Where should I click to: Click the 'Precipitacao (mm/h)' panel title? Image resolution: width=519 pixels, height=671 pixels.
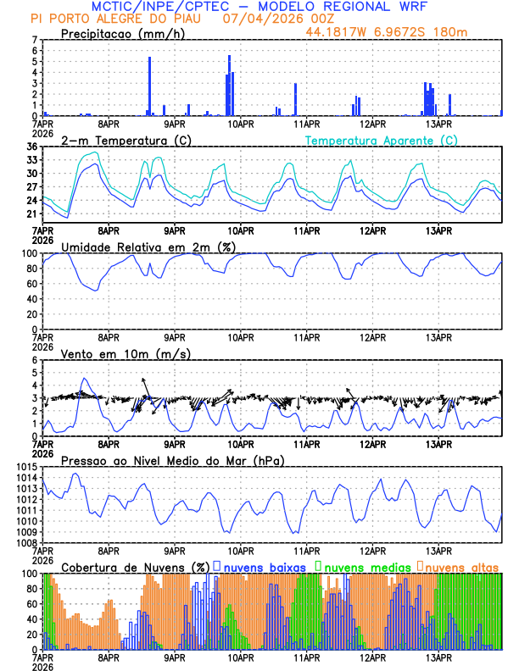[122, 34]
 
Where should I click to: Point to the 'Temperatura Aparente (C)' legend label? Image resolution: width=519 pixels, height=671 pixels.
[382, 140]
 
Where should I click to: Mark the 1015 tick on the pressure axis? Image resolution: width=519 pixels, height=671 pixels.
[26, 467]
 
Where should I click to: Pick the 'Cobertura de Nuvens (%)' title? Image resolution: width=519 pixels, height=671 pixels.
[135, 567]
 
